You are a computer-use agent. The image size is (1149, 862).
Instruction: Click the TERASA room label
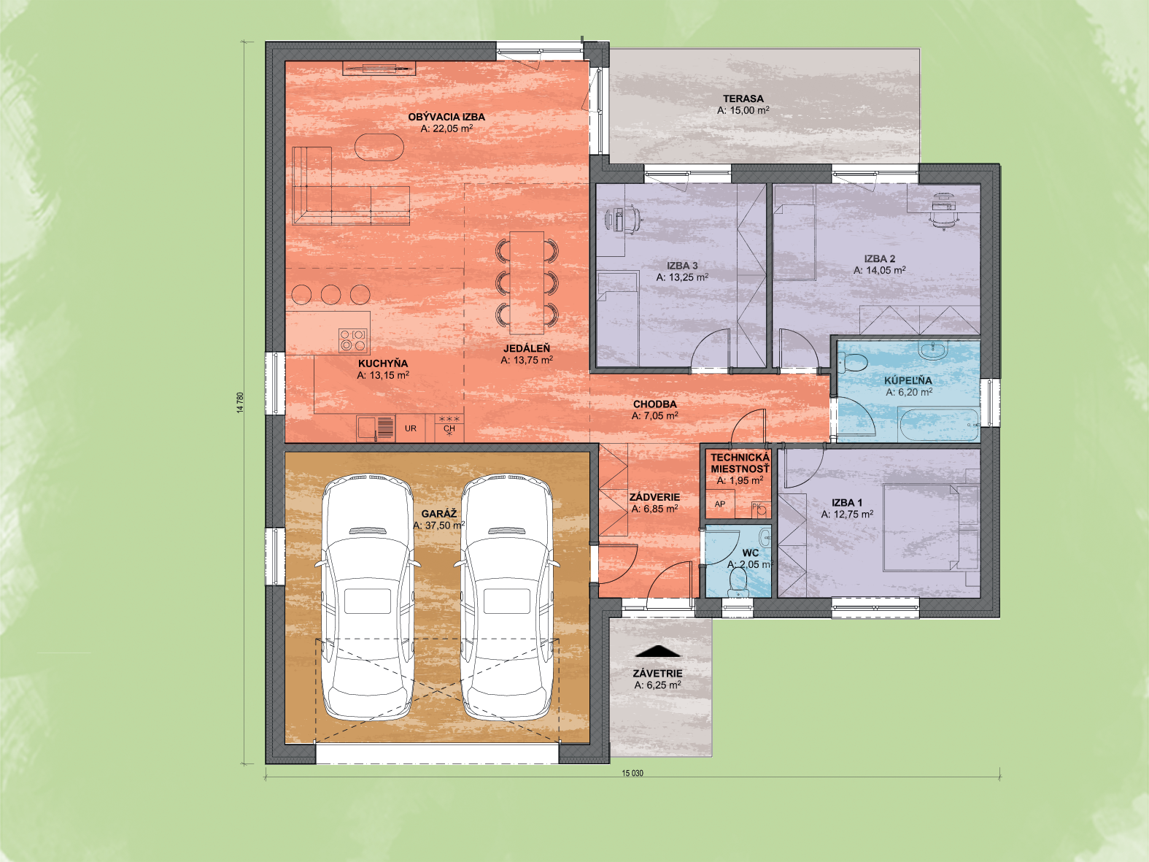pyautogui.click(x=743, y=99)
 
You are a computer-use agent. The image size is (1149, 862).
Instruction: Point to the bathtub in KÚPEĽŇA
pyautogui.click(x=939, y=425)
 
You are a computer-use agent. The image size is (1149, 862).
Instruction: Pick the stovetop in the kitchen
pyautogui.click(x=353, y=340)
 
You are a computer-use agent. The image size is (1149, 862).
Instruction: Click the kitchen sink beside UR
pyautogui.click(x=376, y=428)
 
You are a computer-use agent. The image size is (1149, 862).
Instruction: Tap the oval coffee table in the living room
pyautogui.click(x=379, y=147)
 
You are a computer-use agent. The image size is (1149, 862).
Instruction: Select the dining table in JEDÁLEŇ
pyautogui.click(x=527, y=282)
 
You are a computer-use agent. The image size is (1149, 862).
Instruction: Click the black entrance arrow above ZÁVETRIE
pyautogui.click(x=658, y=651)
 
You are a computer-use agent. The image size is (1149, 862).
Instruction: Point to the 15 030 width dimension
pyautogui.click(x=632, y=773)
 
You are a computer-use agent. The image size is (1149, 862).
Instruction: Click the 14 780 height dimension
pyautogui.click(x=240, y=403)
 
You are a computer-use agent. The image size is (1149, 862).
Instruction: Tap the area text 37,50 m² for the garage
pyautogui.click(x=438, y=526)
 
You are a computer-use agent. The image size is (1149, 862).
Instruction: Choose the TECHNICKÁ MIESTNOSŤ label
pyautogui.click(x=740, y=463)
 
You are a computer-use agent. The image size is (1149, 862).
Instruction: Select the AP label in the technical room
pyautogui.click(x=720, y=504)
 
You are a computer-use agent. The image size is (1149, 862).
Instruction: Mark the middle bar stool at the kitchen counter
pyautogui.click(x=330, y=295)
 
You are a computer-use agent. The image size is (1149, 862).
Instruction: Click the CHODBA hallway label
pyautogui.click(x=655, y=404)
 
